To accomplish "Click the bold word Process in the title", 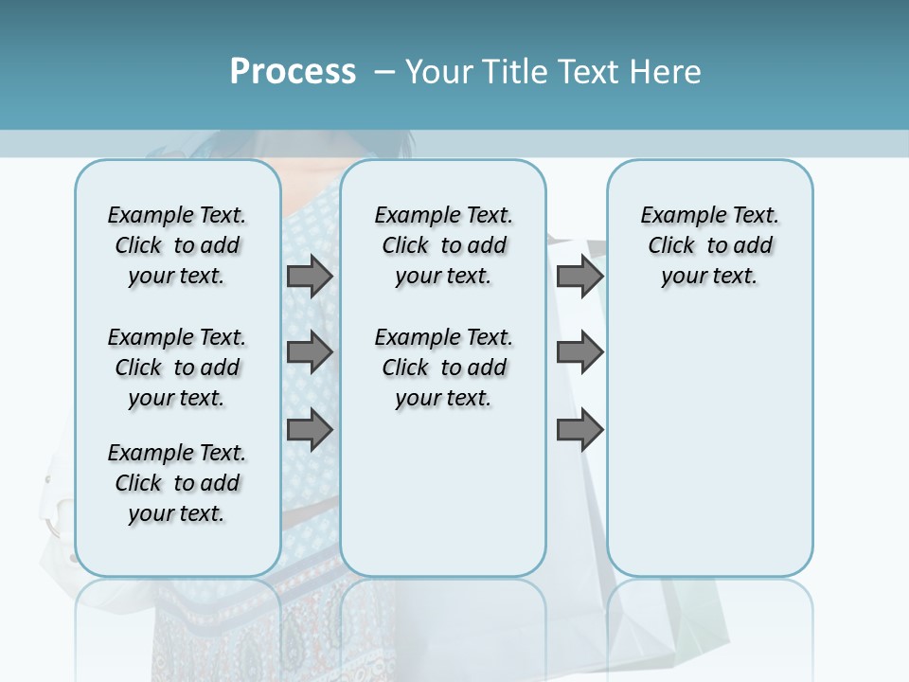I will point(293,72).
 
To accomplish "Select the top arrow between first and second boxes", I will point(310,277).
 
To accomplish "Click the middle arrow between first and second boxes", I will point(310,353).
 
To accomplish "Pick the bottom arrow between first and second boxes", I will point(310,430).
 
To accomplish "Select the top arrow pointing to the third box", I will point(579,277).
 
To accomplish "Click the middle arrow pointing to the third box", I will point(579,353).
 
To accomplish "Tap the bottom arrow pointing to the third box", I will point(579,430).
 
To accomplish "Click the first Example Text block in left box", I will point(177,245).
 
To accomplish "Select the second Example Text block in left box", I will point(177,368).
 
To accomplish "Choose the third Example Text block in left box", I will point(177,483).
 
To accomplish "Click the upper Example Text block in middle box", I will point(443,245).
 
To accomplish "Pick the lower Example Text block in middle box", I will point(443,368).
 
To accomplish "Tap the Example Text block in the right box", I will point(709,245).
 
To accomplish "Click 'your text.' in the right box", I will point(709,277).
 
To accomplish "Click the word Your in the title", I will point(438,72).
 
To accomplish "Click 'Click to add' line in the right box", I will point(710,246).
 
